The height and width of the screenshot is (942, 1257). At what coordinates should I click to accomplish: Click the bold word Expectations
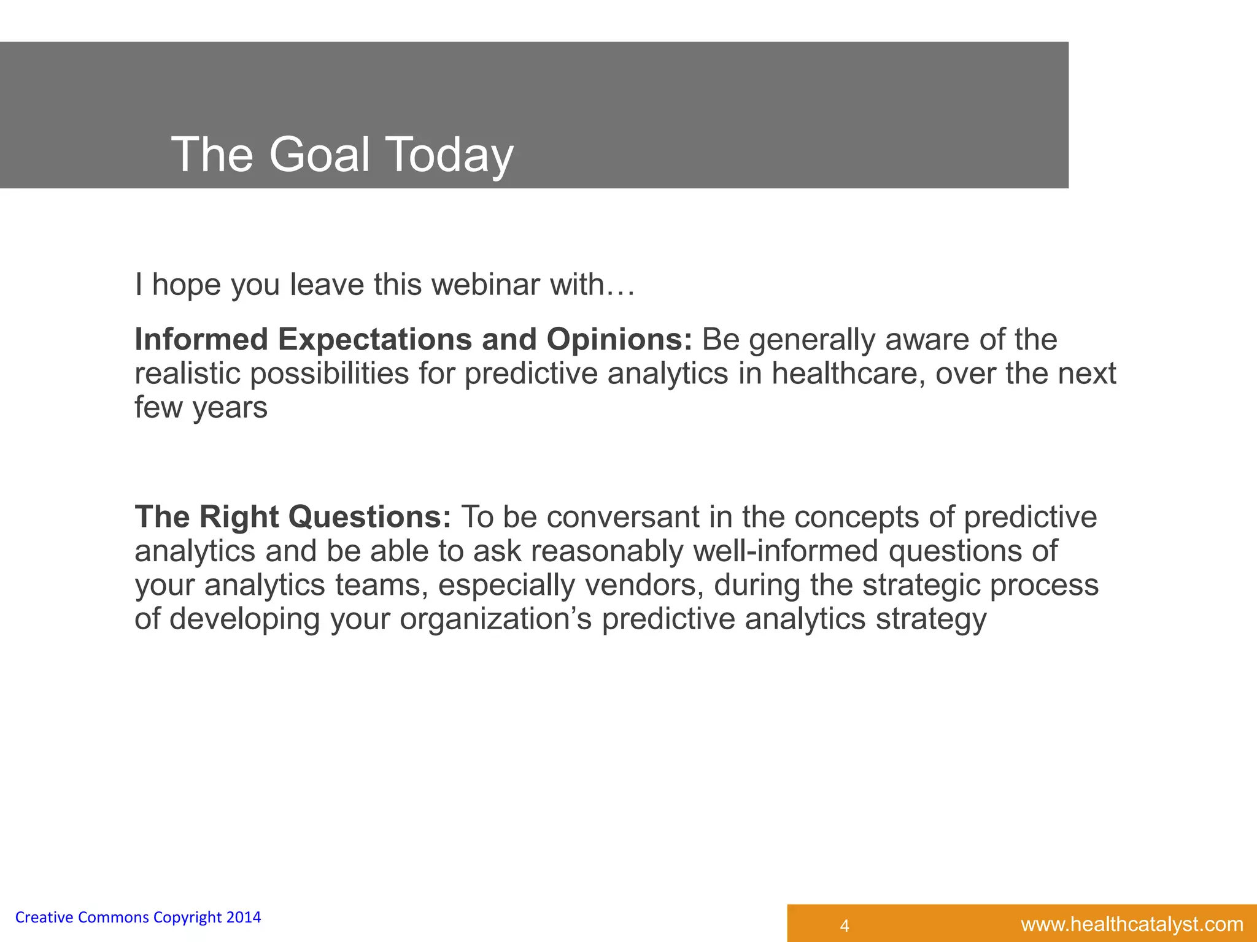[374, 340]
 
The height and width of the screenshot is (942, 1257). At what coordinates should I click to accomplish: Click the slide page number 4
[845, 925]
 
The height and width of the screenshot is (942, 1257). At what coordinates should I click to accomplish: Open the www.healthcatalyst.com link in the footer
[1132, 924]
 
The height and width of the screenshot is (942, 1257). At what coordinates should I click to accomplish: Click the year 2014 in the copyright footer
[244, 917]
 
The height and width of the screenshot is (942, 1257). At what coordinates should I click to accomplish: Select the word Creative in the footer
[44, 917]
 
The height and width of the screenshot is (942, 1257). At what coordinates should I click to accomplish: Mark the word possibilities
[329, 373]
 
